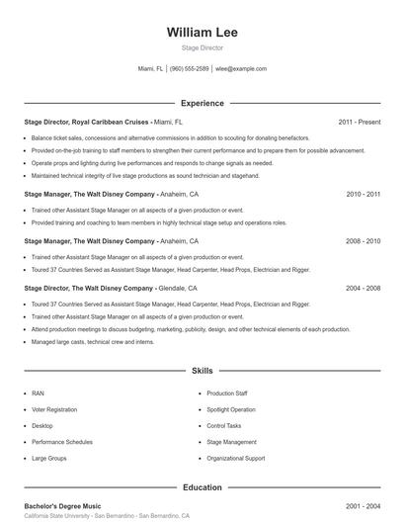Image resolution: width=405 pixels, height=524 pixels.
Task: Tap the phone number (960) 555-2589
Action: [189, 69]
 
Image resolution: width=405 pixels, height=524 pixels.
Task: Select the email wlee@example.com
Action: [241, 69]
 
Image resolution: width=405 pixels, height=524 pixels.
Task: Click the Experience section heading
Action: [202, 103]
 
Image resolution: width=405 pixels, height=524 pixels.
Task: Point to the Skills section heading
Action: [202, 371]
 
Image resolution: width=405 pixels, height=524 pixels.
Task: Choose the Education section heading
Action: [202, 486]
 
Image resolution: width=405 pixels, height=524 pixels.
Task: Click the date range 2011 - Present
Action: [359, 122]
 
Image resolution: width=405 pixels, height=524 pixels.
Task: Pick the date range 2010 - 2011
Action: [363, 195]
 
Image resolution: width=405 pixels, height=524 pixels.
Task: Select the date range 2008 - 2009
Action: [363, 241]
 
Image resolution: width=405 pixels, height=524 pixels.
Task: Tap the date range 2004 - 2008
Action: [363, 288]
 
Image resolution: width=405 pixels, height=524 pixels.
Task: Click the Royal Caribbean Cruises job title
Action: [87, 122]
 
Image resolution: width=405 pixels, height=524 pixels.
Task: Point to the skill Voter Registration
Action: [54, 409]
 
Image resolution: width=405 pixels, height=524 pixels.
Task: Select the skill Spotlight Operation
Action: [230, 409]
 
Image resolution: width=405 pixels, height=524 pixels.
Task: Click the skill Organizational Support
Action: [235, 459]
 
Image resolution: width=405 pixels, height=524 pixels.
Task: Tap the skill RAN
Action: [38, 393]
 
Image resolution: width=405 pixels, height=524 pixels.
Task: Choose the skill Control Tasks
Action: [224, 426]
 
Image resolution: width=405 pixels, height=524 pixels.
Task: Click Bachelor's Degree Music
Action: [64, 505]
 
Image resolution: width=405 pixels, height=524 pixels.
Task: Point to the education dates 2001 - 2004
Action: [363, 505]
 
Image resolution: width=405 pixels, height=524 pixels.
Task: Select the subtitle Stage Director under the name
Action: [202, 47]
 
